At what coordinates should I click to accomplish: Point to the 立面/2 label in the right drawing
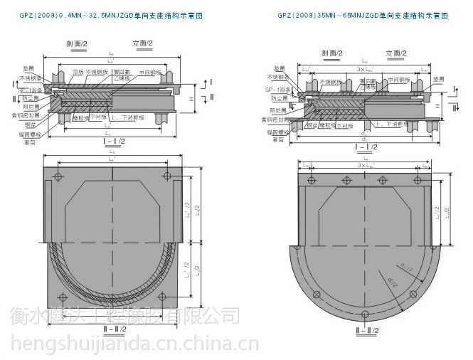(x=396, y=53)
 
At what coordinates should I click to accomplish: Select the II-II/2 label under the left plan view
(x=114, y=329)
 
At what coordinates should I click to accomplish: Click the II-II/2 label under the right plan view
(x=366, y=329)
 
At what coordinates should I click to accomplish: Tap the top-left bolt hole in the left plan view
(x=60, y=177)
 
